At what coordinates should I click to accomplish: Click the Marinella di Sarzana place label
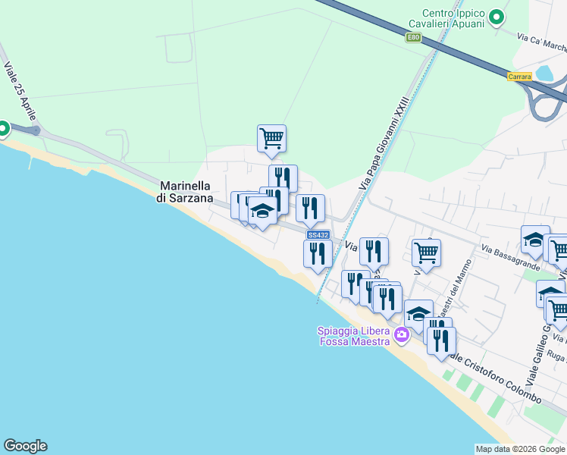pyautogui.click(x=190, y=191)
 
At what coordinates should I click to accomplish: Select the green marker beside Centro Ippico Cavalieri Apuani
pyautogui.click(x=497, y=17)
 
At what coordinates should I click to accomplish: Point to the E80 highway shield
pyautogui.click(x=413, y=37)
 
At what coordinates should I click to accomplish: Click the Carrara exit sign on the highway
pyautogui.click(x=519, y=77)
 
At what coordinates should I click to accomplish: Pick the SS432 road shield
pyautogui.click(x=318, y=235)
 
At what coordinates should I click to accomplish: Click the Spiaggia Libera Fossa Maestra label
pyautogui.click(x=353, y=335)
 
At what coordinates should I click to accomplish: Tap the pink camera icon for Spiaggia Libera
pyautogui.click(x=401, y=334)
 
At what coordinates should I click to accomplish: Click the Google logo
pyautogui.click(x=25, y=446)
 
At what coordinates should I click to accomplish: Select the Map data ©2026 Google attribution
pyautogui.click(x=519, y=449)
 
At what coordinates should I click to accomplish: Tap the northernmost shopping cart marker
pyautogui.click(x=271, y=138)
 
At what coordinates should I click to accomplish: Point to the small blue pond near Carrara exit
pyautogui.click(x=544, y=74)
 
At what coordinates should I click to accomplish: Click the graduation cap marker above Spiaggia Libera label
pyautogui.click(x=418, y=313)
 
